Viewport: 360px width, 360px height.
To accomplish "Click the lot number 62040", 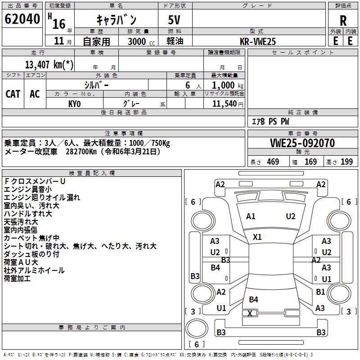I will [x=22, y=20].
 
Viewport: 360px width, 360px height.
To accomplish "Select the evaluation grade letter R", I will [x=343, y=20].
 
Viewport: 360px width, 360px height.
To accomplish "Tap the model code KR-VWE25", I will [x=258, y=41].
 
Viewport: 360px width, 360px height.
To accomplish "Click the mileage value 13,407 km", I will [x=49, y=64].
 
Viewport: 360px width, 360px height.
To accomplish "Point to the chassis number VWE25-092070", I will [x=302, y=143].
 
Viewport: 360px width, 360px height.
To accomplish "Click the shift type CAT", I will [x=13, y=94].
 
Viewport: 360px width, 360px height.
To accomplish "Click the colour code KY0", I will [x=74, y=103].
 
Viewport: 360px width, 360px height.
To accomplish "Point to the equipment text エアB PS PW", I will [x=270, y=121].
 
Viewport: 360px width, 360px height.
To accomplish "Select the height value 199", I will [x=346, y=162].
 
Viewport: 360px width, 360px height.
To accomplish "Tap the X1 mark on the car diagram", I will [x=257, y=237].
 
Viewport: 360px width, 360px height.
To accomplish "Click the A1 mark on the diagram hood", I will [x=251, y=216].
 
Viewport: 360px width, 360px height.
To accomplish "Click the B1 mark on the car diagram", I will [x=320, y=292].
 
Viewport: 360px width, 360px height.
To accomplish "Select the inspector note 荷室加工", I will [x=17, y=279].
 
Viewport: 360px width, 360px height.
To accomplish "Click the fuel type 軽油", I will [x=174, y=41].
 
